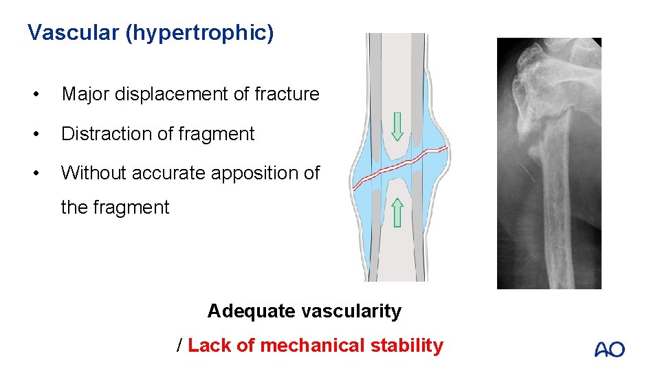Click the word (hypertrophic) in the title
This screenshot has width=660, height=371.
click(199, 33)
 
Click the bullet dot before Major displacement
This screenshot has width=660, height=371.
click(43, 94)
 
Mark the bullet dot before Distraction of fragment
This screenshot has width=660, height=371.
click(43, 134)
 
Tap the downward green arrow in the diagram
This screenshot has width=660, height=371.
click(397, 128)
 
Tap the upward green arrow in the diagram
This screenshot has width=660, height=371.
click(397, 212)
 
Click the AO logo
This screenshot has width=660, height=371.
click(609, 349)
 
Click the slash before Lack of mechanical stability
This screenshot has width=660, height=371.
click(180, 346)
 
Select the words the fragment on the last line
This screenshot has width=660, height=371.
click(115, 207)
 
